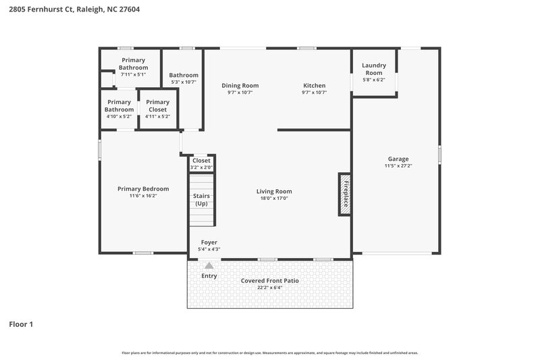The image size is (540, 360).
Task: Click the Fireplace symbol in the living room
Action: (x=344, y=194)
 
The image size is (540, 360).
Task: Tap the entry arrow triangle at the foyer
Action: (x=209, y=266)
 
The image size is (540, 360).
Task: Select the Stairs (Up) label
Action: (x=202, y=200)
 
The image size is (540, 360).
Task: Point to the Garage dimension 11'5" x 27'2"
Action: (x=398, y=165)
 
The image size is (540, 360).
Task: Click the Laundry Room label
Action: (x=373, y=69)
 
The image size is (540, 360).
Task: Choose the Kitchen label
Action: (x=314, y=86)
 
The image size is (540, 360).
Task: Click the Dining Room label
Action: (x=240, y=86)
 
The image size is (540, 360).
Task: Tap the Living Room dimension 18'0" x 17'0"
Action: (x=273, y=199)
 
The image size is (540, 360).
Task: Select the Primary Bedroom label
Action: (x=143, y=189)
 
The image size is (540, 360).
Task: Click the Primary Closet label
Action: (x=157, y=105)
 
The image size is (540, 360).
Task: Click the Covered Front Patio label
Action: (x=269, y=280)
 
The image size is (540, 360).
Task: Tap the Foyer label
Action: (x=209, y=242)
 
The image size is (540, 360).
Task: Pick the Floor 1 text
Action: (x=21, y=324)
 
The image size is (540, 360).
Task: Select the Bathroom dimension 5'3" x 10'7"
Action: (x=184, y=82)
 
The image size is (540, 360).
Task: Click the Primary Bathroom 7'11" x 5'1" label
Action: (x=133, y=64)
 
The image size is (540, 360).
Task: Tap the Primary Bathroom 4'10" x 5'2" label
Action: (x=119, y=105)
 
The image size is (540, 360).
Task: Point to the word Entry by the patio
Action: (x=209, y=276)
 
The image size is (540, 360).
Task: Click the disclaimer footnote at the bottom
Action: (x=269, y=353)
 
